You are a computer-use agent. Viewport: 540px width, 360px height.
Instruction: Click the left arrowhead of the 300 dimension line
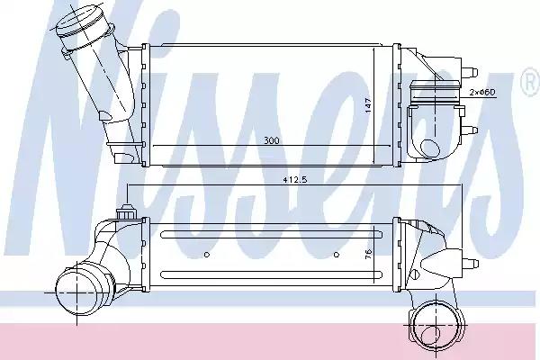coord(156,147)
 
